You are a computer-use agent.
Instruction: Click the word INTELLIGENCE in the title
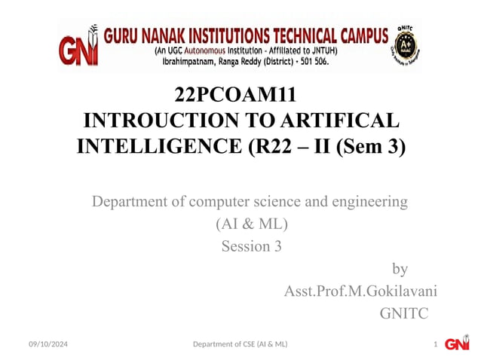[160, 146]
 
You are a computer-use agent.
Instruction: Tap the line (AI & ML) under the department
[251, 224]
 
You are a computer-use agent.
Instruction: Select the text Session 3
[251, 246]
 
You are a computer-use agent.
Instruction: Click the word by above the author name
[400, 269]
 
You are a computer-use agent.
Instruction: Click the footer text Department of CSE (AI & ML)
[240, 344]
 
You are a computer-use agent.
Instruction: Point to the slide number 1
[436, 344]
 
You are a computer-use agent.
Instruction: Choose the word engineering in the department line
[369, 202]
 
